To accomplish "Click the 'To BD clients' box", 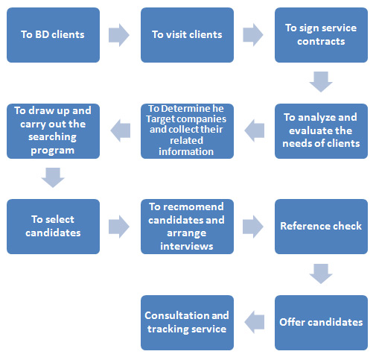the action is [53, 35].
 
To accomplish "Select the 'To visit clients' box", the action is [187, 35].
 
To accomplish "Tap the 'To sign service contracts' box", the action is [321, 35].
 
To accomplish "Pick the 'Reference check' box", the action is [321, 227].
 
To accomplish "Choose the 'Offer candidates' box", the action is [321, 323].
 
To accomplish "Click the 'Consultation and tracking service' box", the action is [187, 323].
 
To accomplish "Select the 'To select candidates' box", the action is [53, 227].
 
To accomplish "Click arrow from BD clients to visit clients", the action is [119, 35].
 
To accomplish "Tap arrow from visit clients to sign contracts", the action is [253, 35].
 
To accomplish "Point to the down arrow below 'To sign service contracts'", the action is [321, 82].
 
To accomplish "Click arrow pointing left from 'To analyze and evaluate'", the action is [255, 130].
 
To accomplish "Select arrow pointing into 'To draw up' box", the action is [121, 130].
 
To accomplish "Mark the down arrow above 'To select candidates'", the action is [53, 177].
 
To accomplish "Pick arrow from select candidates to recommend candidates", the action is [119, 227].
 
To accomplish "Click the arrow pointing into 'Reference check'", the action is [253, 227].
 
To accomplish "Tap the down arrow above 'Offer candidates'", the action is [321, 274].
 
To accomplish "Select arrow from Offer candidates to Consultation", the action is [255, 322].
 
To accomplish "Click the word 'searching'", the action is [52, 137].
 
